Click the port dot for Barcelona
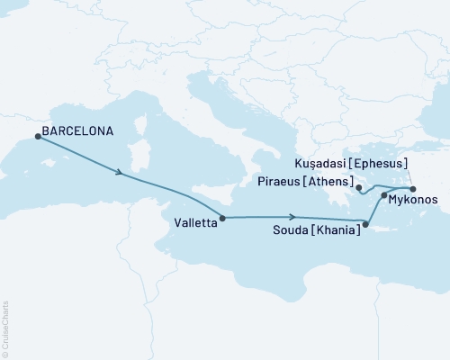(37, 136)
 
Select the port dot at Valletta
(222, 217)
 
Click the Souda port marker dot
(364, 224)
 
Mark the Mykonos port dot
(384, 194)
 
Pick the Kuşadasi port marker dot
(413, 189)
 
